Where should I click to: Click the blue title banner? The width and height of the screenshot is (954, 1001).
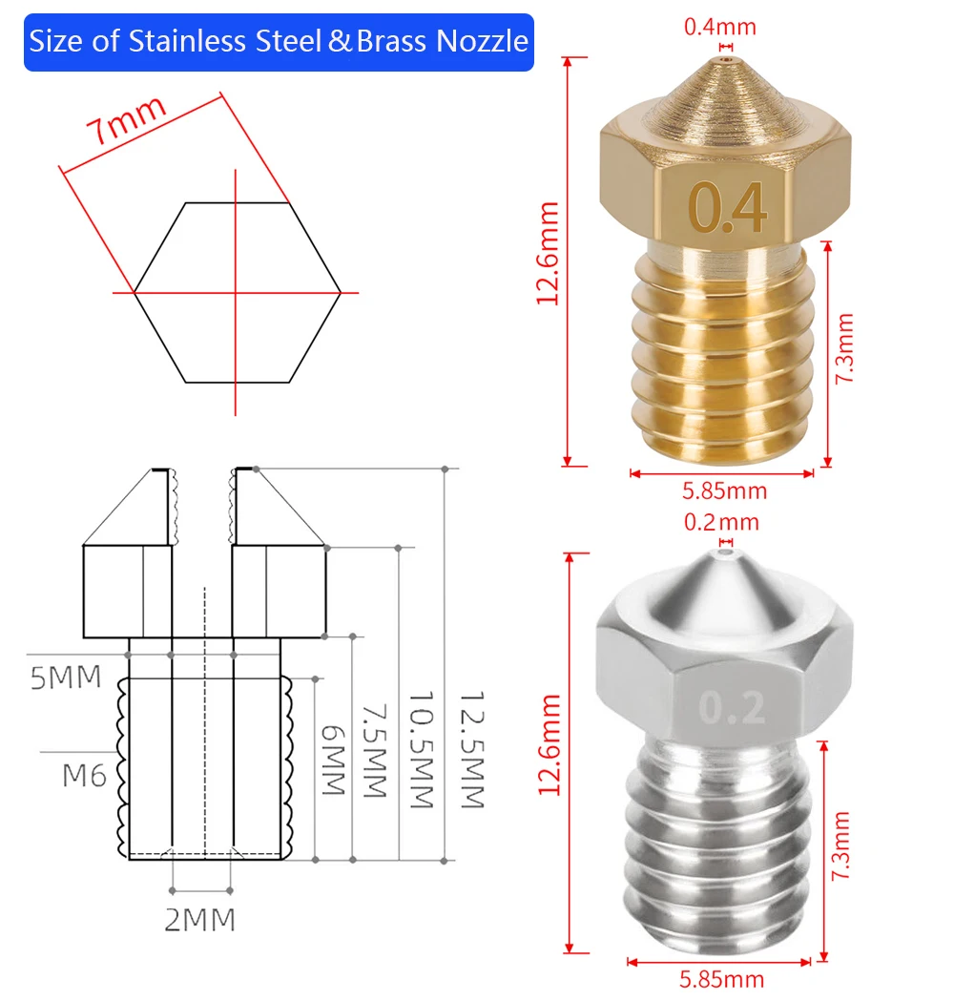pyautogui.click(x=279, y=42)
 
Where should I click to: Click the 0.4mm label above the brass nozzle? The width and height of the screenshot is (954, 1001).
pyautogui.click(x=720, y=27)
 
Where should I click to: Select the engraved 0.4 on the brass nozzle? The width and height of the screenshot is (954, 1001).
pyautogui.click(x=727, y=207)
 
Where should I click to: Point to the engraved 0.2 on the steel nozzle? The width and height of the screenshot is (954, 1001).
pyautogui.click(x=732, y=707)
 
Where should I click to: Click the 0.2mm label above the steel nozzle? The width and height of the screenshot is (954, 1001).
pyautogui.click(x=721, y=522)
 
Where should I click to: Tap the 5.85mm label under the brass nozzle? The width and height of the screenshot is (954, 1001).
pyautogui.click(x=724, y=490)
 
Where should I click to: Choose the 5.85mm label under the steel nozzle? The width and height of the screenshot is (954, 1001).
pyautogui.click(x=721, y=979)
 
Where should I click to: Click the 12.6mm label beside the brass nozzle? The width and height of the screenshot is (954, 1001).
pyautogui.click(x=548, y=254)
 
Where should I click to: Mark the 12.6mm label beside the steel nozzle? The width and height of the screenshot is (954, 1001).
pyautogui.click(x=550, y=744)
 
